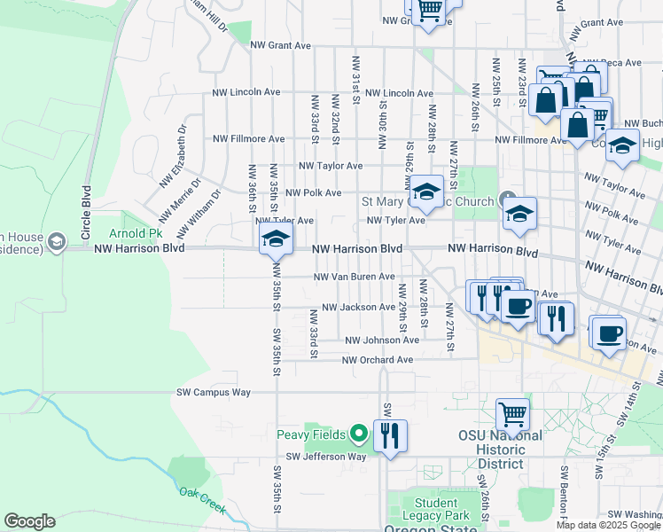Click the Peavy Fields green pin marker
click(x=358, y=434)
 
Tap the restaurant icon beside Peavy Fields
click(x=390, y=435)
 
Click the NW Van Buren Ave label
click(x=354, y=277)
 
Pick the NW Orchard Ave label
click(x=378, y=360)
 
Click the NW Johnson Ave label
click(x=382, y=340)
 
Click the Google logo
click(x=29, y=521)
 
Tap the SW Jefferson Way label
click(x=325, y=457)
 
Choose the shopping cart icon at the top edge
click(x=429, y=11)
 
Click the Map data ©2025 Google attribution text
click(x=608, y=525)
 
